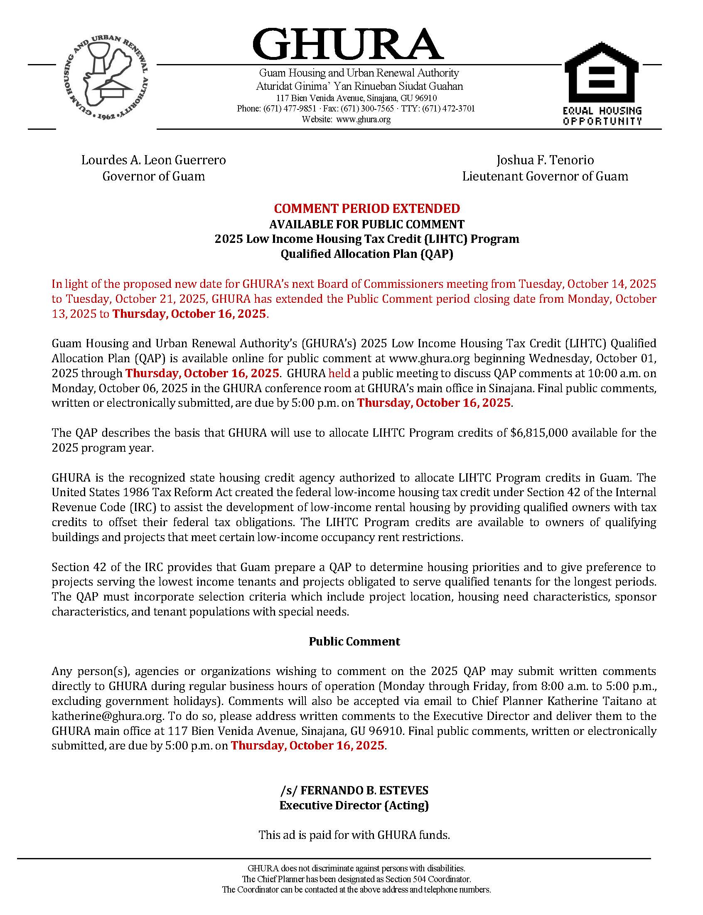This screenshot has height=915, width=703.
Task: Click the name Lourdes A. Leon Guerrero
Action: [x=154, y=160]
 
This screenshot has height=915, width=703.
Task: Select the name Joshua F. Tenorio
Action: [x=545, y=160]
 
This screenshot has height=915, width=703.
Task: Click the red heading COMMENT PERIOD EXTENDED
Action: [x=366, y=208]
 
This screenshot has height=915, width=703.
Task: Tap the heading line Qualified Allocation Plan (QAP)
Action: [x=366, y=254]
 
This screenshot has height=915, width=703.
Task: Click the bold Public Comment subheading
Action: [x=354, y=642]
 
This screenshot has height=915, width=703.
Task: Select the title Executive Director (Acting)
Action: [x=354, y=805]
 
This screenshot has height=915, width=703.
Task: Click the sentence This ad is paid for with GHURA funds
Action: [x=354, y=835]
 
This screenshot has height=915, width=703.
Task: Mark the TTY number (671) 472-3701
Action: [x=448, y=109]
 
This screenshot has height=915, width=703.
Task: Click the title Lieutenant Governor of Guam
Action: [x=545, y=176]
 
